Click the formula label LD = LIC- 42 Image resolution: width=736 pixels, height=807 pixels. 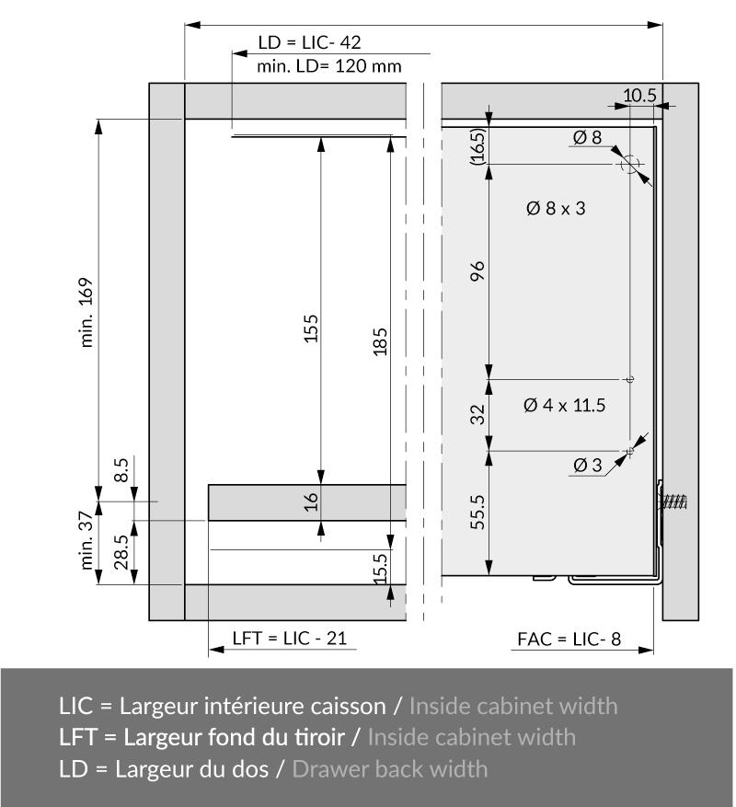[x=309, y=42]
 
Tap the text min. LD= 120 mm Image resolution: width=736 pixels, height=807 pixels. [x=328, y=66]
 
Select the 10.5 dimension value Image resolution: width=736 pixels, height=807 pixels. [x=639, y=95]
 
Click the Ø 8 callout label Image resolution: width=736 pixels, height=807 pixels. [x=587, y=137]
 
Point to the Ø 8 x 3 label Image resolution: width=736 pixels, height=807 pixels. [x=556, y=209]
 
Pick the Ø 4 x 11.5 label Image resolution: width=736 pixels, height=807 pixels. [x=564, y=405]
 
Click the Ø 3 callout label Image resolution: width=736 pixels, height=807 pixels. [x=587, y=466]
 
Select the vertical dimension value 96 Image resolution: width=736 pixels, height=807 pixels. [x=478, y=271]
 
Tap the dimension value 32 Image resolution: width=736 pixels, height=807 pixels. [x=478, y=414]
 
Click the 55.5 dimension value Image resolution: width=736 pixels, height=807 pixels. [x=477, y=513]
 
